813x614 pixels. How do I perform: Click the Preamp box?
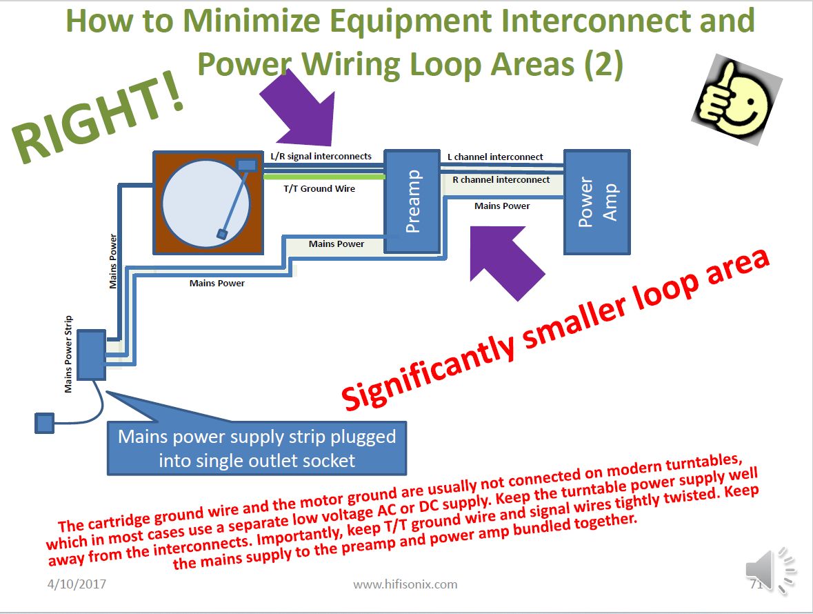(x=412, y=201)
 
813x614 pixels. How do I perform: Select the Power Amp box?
(x=596, y=201)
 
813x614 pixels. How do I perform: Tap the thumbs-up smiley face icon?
(x=736, y=99)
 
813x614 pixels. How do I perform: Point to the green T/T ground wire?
(x=324, y=177)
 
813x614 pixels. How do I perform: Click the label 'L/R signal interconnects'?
(x=321, y=156)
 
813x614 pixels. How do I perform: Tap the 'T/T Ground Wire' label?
(x=319, y=189)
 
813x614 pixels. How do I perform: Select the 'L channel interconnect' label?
(x=495, y=157)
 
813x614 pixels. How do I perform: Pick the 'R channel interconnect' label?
(x=501, y=179)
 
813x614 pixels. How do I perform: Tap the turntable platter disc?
(x=206, y=202)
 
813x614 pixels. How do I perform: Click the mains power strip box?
(x=92, y=355)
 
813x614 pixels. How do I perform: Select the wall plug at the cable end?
(x=45, y=423)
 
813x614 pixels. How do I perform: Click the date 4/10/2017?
(x=77, y=584)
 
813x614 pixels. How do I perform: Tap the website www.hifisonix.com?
(x=405, y=584)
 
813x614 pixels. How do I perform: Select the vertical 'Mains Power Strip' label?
(x=68, y=354)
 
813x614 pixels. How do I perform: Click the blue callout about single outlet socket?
(x=257, y=448)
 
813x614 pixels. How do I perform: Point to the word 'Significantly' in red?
(x=428, y=368)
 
